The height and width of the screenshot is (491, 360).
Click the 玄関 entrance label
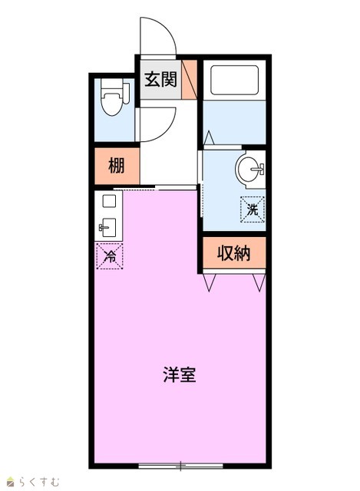click(x=160, y=79)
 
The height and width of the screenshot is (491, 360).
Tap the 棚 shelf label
click(x=116, y=166)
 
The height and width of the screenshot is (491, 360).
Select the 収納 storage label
click(x=234, y=253)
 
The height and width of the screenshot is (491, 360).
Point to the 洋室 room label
click(x=180, y=374)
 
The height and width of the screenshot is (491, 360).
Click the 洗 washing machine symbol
click(x=253, y=209)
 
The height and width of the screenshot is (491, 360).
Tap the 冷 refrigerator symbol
click(x=109, y=256)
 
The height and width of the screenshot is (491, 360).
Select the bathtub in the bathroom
click(x=234, y=80)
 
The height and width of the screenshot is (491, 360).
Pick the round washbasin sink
click(x=250, y=169)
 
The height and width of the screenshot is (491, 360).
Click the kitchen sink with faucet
click(x=108, y=227)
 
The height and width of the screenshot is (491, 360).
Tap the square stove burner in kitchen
click(x=109, y=201)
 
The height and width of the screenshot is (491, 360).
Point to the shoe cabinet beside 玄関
click(x=190, y=79)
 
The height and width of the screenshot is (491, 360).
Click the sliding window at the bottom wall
click(x=180, y=466)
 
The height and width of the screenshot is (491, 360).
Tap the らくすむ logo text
click(x=39, y=482)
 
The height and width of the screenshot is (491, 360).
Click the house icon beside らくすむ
click(x=12, y=482)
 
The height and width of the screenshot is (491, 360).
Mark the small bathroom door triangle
click(x=210, y=138)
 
